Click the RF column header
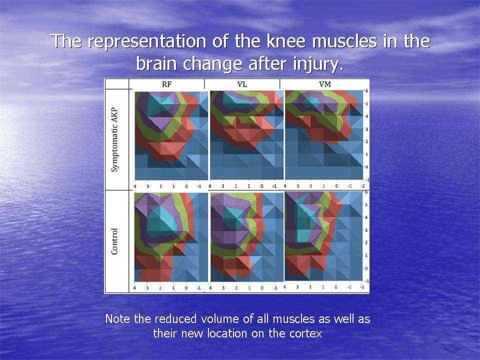pyautogui.click(x=166, y=84)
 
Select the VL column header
pyautogui.click(x=242, y=84)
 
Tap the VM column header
pyautogui.click(x=325, y=84)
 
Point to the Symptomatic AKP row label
pyautogui.click(x=114, y=140)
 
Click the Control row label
pyautogui.click(x=114, y=241)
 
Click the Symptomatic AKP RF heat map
pyautogui.click(x=171, y=135)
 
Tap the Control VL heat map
pyautogui.click(x=247, y=237)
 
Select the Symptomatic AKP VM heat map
pyautogui.click(x=324, y=135)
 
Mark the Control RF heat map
pyautogui.click(x=171, y=237)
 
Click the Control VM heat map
pyautogui.click(x=324, y=236)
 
